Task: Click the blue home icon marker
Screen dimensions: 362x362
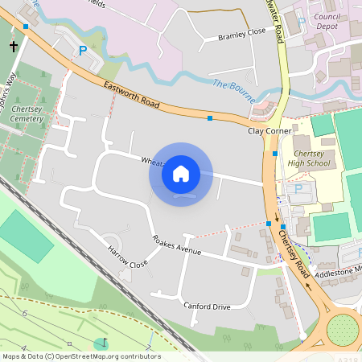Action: coord(181,173)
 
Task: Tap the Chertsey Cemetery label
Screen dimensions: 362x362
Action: coord(27,113)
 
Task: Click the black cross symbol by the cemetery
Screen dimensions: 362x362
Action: coord(13,47)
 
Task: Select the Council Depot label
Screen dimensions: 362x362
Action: coord(327,20)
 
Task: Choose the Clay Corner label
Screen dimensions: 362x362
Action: coord(269,130)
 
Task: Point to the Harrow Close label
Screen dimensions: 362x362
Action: coord(128,257)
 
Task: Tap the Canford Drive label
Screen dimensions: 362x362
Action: coord(207,306)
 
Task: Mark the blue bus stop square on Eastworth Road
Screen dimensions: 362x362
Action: coord(210,118)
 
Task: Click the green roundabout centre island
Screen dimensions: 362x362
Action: coord(343,329)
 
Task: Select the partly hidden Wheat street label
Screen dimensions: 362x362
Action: coord(153,161)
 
